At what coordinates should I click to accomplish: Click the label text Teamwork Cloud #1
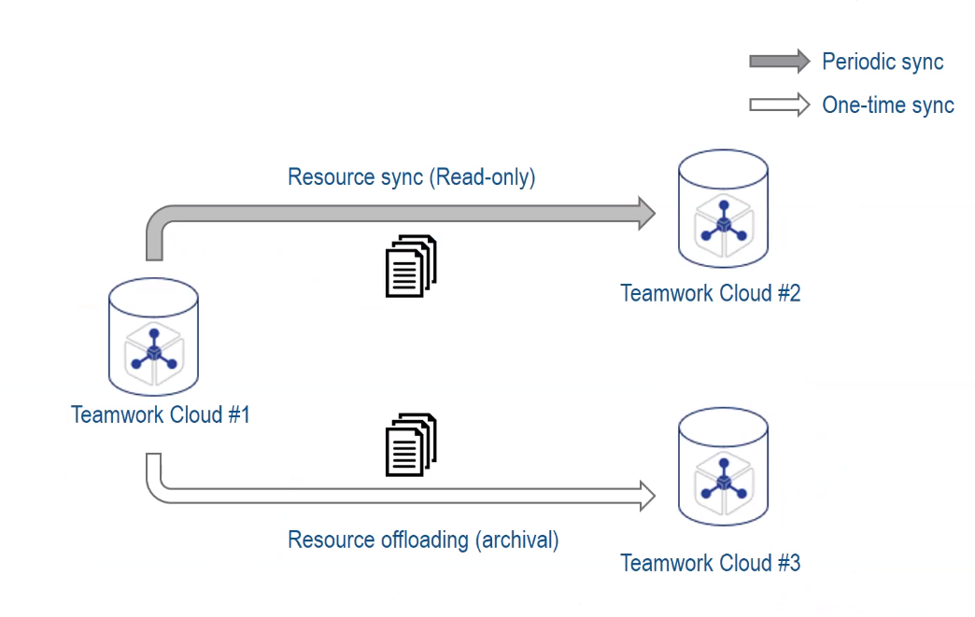click(161, 414)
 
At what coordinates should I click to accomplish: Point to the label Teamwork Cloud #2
click(711, 293)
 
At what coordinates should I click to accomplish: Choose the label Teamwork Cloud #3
click(711, 563)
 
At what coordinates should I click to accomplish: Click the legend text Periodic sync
click(883, 63)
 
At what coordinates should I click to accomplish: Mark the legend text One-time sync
click(888, 105)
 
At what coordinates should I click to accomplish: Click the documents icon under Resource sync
click(411, 266)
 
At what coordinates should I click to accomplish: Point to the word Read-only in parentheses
click(483, 177)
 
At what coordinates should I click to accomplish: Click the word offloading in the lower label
click(413, 540)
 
